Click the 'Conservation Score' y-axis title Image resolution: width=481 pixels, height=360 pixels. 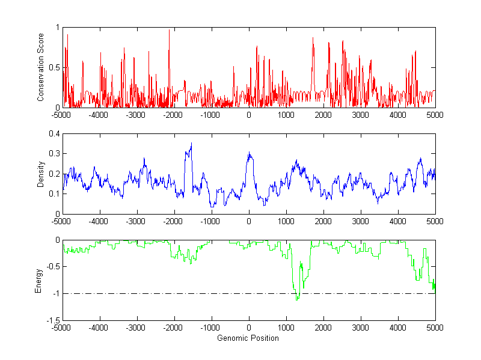tap(40, 67)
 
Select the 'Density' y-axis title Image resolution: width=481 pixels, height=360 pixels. tap(40, 174)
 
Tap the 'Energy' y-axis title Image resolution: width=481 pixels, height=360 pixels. tap(39, 280)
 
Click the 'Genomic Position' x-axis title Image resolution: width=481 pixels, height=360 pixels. tap(248, 338)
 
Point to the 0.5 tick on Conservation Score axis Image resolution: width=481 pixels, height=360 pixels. tap(54, 67)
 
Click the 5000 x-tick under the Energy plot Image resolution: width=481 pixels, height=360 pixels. tap(435, 328)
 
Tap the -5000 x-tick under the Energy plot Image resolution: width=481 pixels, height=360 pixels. tap(62, 328)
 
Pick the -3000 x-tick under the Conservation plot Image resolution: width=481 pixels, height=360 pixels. tap(136, 114)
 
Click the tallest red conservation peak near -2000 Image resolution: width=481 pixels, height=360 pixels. tap(169, 30)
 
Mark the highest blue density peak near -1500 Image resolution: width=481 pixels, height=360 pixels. tap(191, 143)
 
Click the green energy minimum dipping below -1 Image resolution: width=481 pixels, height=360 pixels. tap(296, 299)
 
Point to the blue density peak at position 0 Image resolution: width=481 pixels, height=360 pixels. tap(249, 153)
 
